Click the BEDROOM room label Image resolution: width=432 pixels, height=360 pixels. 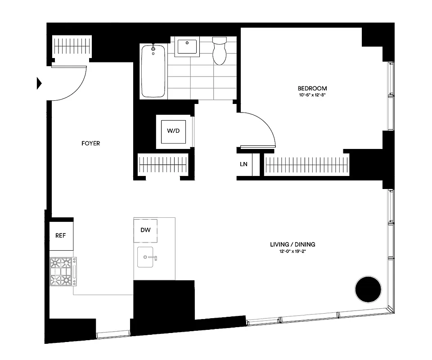(312, 88)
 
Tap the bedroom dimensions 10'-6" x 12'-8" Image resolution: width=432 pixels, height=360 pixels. (312, 95)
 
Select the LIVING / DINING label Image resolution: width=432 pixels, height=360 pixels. (292, 244)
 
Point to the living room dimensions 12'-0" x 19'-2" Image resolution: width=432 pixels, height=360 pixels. (292, 251)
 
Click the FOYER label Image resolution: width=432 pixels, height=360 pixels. (90, 144)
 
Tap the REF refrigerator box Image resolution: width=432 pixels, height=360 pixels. (61, 235)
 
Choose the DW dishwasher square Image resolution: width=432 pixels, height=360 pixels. (145, 230)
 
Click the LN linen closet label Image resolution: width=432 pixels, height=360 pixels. (243, 164)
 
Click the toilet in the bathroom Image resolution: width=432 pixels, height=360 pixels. (220, 51)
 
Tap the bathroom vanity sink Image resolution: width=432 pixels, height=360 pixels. (186, 47)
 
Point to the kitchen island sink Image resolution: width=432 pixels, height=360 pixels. (147, 257)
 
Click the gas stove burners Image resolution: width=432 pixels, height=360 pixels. (63, 271)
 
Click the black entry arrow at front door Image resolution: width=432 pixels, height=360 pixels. (39, 83)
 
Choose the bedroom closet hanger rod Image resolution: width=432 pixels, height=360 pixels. (306, 165)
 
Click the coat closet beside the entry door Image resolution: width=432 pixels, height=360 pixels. (72, 46)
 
